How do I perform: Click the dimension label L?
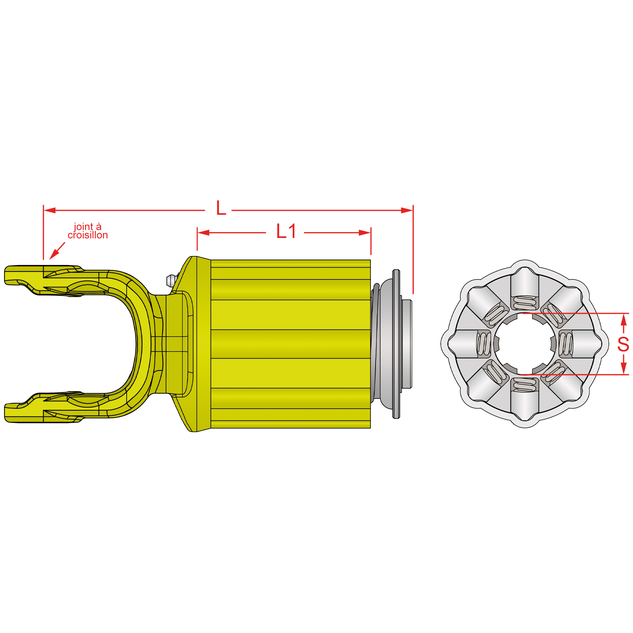tap(221, 209)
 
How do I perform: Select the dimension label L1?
tap(286, 231)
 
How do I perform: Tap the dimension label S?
tap(623, 344)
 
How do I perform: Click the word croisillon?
tap(88, 235)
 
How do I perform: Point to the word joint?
tap(83, 227)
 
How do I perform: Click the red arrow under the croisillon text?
tap(57, 250)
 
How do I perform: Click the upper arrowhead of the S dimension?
tap(624, 319)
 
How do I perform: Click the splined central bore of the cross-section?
tap(524, 344)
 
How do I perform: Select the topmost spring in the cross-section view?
tap(524, 303)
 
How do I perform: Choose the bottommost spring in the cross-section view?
tap(524, 385)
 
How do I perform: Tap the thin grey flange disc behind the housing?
tap(396, 344)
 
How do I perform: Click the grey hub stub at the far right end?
tap(407, 344)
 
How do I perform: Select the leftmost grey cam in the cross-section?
tap(463, 344)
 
